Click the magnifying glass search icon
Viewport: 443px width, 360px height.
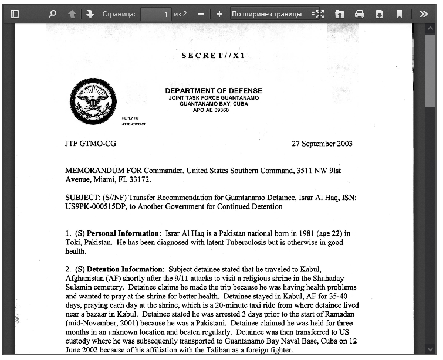[x=53, y=13]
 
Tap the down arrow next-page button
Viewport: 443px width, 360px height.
[x=90, y=13]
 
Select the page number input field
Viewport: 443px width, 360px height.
[x=156, y=13]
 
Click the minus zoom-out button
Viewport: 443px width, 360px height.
[x=201, y=13]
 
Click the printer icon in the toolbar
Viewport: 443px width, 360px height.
[x=360, y=13]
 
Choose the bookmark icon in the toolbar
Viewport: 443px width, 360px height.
[x=400, y=13]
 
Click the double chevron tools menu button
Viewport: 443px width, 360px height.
[x=424, y=13]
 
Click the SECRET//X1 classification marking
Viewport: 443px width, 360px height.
[x=213, y=56]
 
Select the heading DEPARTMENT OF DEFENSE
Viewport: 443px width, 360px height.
[x=214, y=91]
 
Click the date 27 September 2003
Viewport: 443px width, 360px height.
[x=322, y=144]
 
